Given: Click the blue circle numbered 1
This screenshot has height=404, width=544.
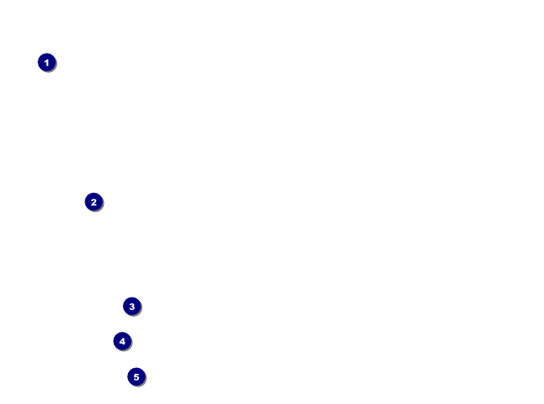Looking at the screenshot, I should coord(47,62).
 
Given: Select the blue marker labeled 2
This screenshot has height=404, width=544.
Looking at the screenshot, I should coord(94,201).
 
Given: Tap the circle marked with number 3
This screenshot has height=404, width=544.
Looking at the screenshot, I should coord(131,306).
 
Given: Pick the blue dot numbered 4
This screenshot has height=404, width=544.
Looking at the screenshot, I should coord(122,341).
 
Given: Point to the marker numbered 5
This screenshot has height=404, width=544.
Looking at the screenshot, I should coord(136,376).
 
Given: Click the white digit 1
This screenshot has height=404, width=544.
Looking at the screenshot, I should coord(47,62).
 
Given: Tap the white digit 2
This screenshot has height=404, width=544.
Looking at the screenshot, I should coord(94,201).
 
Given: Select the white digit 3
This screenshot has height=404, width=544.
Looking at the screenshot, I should coord(131,306).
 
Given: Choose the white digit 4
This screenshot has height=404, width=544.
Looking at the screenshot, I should coord(122,341).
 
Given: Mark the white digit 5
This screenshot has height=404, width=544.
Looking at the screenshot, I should coord(136,376).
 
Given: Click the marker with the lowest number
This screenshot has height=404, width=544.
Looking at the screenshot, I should coord(47,62).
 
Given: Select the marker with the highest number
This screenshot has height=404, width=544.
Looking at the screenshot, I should coord(136,376).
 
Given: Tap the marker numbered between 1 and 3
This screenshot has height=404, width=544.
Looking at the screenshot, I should coord(94,201).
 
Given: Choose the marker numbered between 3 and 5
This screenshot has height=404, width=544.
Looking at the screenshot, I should coord(122,341).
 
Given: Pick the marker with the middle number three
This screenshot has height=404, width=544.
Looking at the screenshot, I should coord(131,306).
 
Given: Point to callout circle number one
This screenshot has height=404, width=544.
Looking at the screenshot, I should coord(47,62).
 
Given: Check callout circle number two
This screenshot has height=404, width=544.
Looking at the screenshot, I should coord(94,201).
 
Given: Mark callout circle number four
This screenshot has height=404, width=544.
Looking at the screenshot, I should coord(122,341).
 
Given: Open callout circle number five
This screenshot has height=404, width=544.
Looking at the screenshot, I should coord(136,376).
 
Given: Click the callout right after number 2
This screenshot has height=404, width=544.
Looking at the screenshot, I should coord(131,306).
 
